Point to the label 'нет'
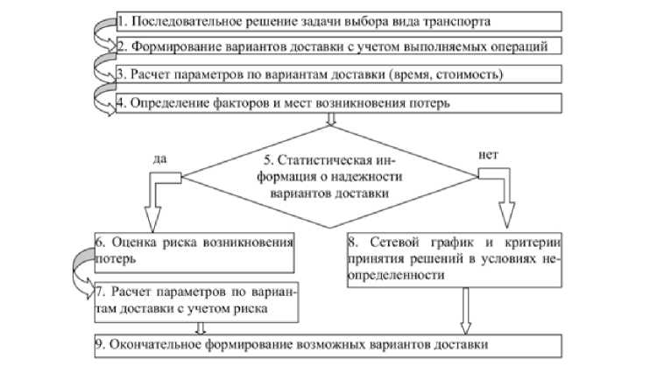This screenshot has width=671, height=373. pyautogui.click(x=490, y=156)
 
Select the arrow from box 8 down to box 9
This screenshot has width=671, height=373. pyautogui.click(x=465, y=310)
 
